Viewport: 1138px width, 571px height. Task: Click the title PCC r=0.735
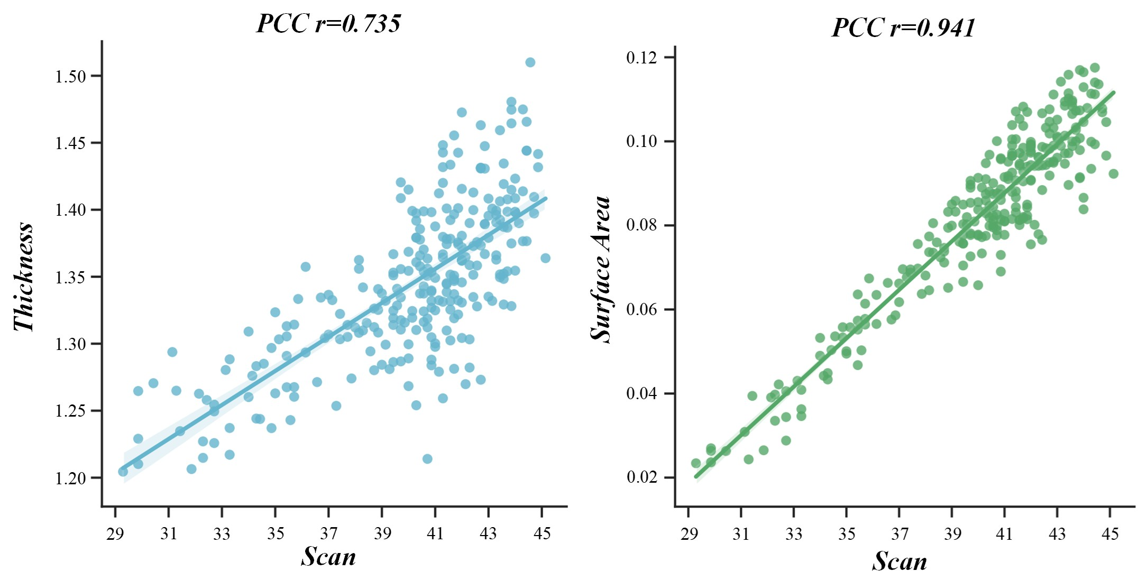click(x=328, y=24)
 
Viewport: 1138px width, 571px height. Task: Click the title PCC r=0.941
click(x=903, y=27)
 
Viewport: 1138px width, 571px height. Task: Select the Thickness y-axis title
click(x=24, y=277)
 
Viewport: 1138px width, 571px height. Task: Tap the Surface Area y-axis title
click(x=601, y=269)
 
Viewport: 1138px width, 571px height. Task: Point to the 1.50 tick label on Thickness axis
click(x=70, y=77)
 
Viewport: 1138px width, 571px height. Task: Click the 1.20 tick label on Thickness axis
click(x=70, y=478)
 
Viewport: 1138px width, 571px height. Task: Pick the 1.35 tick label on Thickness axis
click(x=70, y=278)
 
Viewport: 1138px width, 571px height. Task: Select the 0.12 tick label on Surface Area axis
click(x=642, y=58)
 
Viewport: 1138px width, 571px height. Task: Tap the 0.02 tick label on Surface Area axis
click(x=642, y=477)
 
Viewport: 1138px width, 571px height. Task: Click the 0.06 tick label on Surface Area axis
click(x=642, y=309)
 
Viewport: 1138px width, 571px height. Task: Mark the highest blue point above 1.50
click(x=530, y=62)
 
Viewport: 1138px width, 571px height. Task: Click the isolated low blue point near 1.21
click(x=427, y=458)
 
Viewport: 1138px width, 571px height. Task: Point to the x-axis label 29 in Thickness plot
click(x=115, y=534)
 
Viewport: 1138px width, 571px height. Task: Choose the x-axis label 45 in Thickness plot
click(x=542, y=534)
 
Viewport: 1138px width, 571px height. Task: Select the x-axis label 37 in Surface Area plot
click(x=900, y=535)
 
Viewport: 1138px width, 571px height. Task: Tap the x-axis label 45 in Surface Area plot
click(x=1110, y=535)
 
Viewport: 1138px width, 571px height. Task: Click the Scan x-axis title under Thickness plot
click(x=328, y=557)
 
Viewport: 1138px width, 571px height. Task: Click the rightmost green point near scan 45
click(x=1113, y=173)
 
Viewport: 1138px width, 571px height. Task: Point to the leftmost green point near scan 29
click(x=696, y=463)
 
